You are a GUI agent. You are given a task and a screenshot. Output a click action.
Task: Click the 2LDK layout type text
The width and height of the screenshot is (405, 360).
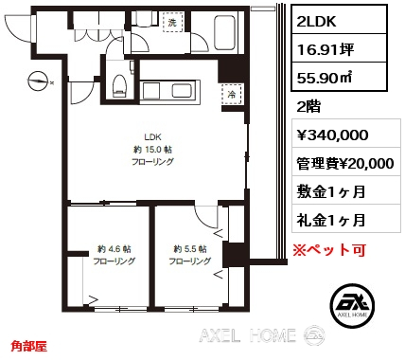[316, 21]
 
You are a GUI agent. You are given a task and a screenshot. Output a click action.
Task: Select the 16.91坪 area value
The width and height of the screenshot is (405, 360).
[326, 49]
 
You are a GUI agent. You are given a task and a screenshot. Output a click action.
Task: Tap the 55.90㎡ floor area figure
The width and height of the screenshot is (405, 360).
[325, 78]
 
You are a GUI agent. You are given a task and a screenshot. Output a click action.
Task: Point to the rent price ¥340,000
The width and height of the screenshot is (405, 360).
[332, 135]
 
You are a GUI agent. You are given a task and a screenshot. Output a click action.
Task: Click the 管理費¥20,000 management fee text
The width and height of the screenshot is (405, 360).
[345, 163]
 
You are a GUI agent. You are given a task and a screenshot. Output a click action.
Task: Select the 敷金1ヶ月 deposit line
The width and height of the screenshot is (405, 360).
[331, 191]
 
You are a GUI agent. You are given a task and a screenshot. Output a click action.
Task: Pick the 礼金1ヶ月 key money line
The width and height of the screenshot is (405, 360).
[331, 220]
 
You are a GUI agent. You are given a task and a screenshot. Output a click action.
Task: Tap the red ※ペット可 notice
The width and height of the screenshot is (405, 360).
[329, 250]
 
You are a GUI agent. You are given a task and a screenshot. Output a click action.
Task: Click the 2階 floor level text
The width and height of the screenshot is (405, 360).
[308, 107]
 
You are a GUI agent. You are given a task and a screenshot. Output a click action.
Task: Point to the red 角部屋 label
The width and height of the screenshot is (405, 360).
[29, 347]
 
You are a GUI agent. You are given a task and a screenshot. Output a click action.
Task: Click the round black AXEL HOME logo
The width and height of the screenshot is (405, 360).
[353, 305]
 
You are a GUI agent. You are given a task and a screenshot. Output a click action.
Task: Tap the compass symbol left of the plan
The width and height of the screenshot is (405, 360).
[38, 81]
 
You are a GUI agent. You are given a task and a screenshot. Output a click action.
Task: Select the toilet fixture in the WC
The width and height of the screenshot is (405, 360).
[119, 84]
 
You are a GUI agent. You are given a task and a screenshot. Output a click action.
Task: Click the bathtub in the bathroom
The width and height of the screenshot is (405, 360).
[224, 32]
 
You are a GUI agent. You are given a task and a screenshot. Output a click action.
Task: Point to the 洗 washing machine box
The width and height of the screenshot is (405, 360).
[172, 22]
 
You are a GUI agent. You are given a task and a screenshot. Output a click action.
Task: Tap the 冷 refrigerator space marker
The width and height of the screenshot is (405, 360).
[232, 95]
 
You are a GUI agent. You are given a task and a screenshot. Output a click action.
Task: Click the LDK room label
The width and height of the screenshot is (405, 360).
[153, 137]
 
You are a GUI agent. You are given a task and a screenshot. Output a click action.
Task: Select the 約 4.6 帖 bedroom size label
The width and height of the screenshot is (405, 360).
[114, 249]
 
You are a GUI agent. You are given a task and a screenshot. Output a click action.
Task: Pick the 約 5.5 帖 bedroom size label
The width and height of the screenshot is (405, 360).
[190, 249]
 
